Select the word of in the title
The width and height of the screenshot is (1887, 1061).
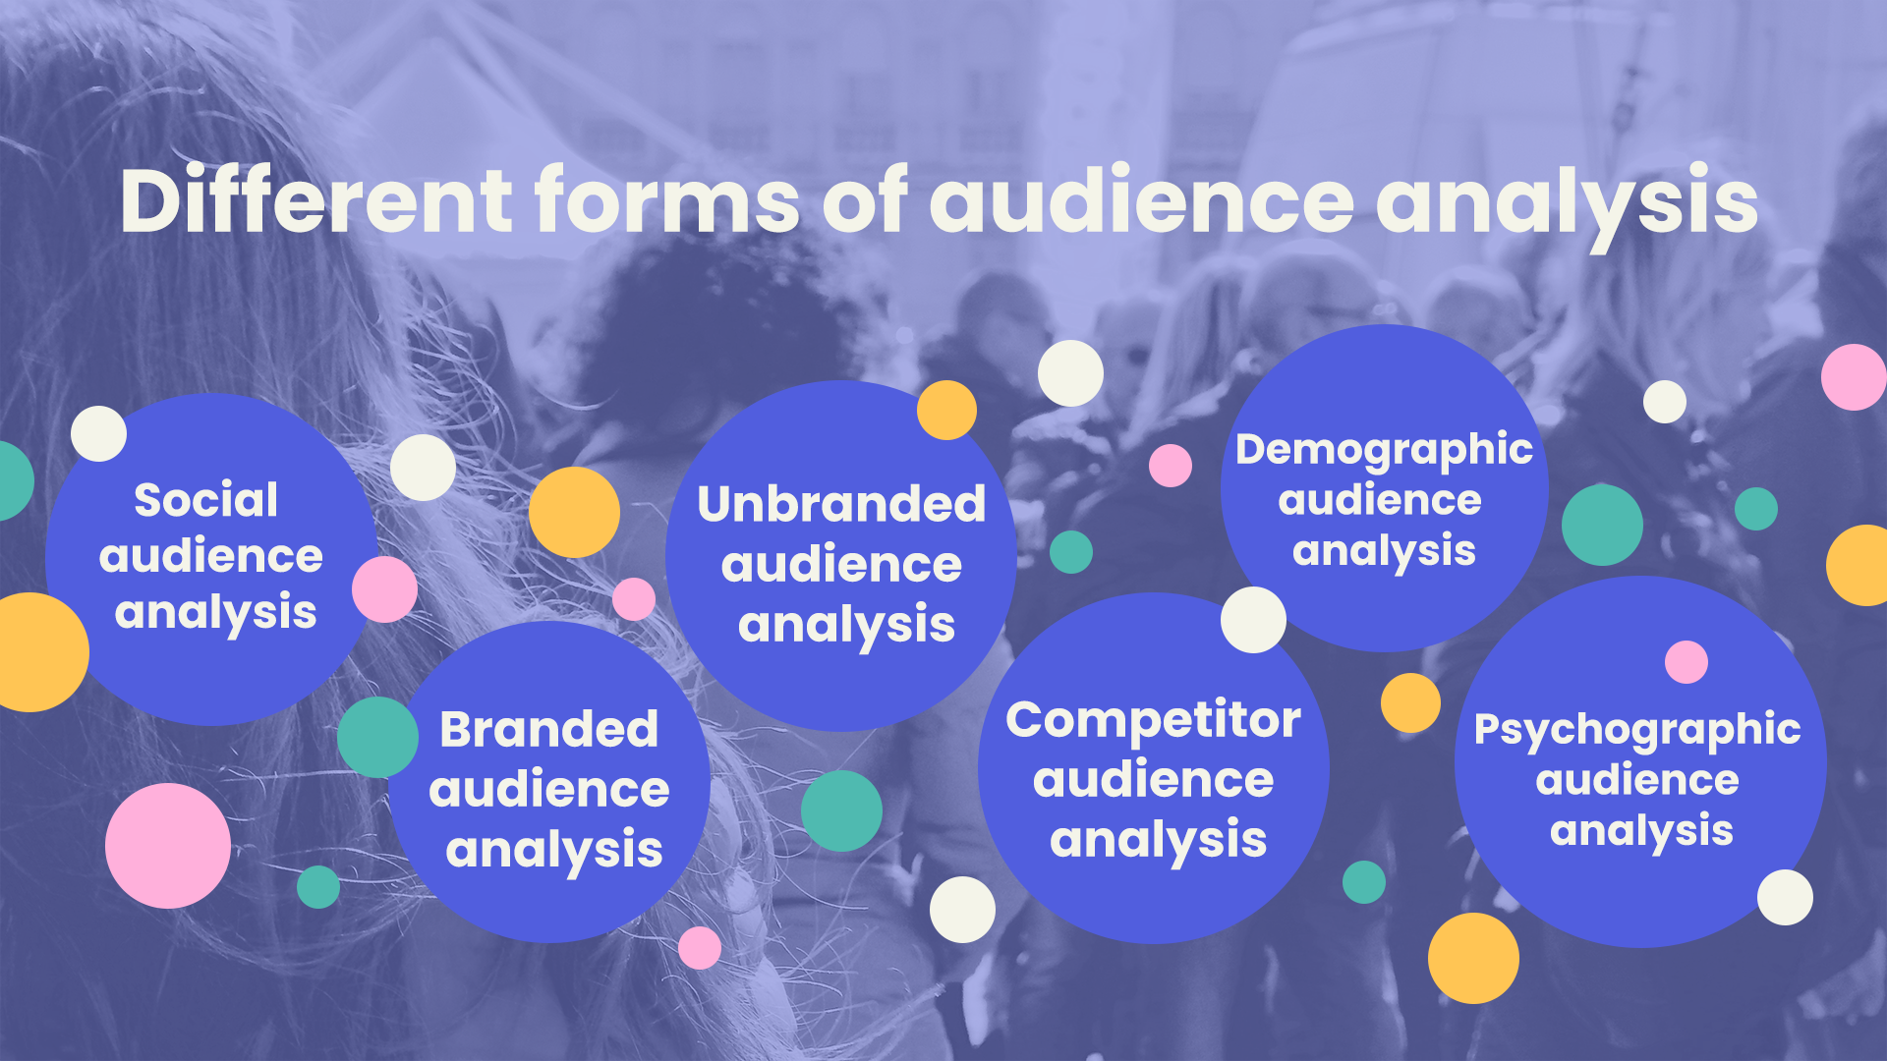(x=864, y=200)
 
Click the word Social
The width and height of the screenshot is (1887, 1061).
(x=206, y=500)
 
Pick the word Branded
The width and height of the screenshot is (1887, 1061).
(x=548, y=729)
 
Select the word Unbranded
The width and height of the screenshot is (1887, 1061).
(x=841, y=504)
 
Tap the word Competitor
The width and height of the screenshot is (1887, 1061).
(x=1153, y=720)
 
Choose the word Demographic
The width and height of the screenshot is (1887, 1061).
(x=1384, y=450)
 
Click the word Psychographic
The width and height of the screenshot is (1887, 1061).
(x=1637, y=730)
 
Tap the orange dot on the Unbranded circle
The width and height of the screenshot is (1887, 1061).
(x=946, y=410)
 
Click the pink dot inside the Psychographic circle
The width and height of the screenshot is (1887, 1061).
(x=1687, y=662)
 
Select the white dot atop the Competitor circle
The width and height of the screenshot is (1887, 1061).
(x=1253, y=620)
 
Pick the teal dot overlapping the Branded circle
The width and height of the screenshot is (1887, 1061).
(x=377, y=737)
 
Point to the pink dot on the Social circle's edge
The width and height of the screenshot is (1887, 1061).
(x=384, y=589)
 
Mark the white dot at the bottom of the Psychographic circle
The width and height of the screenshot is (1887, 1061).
(x=1785, y=897)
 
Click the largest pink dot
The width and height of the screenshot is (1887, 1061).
(x=168, y=846)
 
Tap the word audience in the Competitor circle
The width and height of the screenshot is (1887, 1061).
(x=1153, y=780)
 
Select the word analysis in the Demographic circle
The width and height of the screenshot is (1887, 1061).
(x=1384, y=552)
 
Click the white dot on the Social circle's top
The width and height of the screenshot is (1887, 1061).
(x=98, y=433)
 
